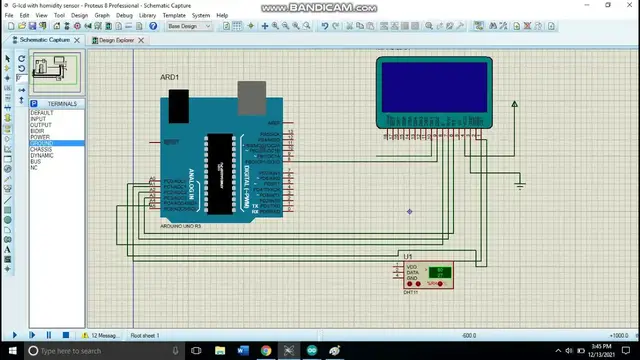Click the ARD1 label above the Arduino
click(x=169, y=77)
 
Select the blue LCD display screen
click(x=434, y=89)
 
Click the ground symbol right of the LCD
click(x=519, y=183)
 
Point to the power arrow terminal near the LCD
click(x=514, y=104)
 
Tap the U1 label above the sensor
click(x=408, y=257)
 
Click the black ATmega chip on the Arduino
click(x=219, y=173)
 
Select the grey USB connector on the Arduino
click(x=252, y=97)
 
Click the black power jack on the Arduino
click(x=178, y=102)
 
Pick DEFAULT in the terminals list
click(x=42, y=113)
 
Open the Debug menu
click(x=124, y=16)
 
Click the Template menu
click(x=174, y=16)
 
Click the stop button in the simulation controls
click(x=66, y=335)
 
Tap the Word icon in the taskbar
click(x=243, y=352)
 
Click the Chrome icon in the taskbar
click(x=266, y=352)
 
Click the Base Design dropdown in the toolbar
click(x=189, y=26)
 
